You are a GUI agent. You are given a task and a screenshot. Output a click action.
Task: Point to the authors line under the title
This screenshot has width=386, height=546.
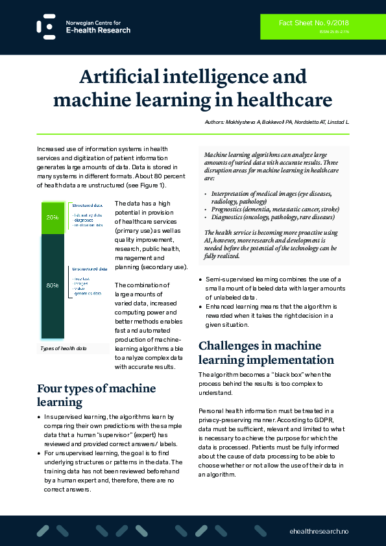(287, 122)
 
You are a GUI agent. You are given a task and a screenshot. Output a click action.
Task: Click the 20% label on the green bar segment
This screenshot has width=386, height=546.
(52, 217)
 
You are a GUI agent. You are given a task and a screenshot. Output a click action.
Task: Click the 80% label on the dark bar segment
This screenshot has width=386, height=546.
(52, 285)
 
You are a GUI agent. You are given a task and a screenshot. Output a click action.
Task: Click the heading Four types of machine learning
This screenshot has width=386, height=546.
(96, 396)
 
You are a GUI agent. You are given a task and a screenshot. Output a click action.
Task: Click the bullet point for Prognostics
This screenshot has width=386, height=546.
(207, 209)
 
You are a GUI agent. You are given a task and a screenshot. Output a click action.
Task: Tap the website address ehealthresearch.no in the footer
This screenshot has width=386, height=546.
(319, 530)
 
